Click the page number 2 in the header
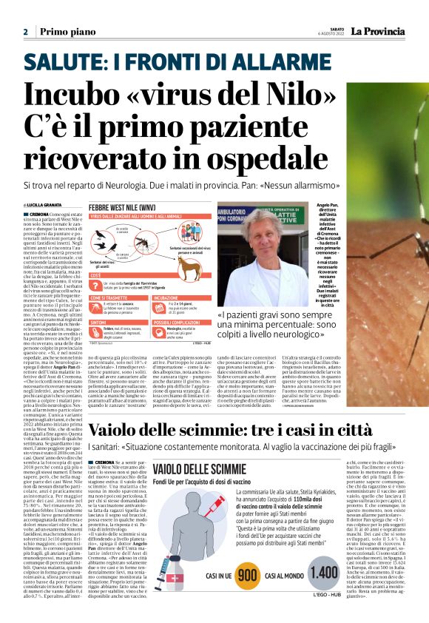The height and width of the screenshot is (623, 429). tap(25, 32)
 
